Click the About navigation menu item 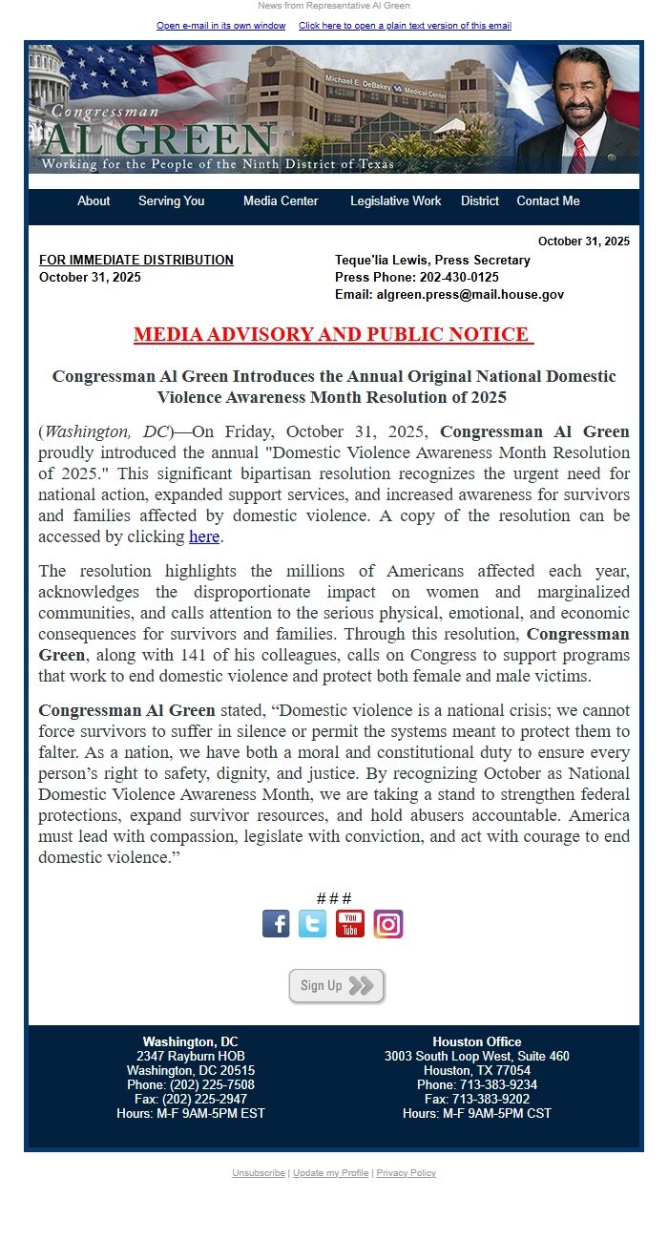tap(94, 201)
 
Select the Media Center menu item tap(281, 201)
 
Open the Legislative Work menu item tap(395, 201)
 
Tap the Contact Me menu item tap(548, 201)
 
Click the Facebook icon tap(276, 924)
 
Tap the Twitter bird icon tap(312, 924)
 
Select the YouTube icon tap(350, 924)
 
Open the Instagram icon tap(388, 924)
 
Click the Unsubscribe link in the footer tap(258, 1173)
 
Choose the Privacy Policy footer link tap(406, 1173)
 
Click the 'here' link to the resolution tap(204, 536)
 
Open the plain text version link tap(405, 26)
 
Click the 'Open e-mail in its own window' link tap(221, 26)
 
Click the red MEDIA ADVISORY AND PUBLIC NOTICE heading tap(333, 334)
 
